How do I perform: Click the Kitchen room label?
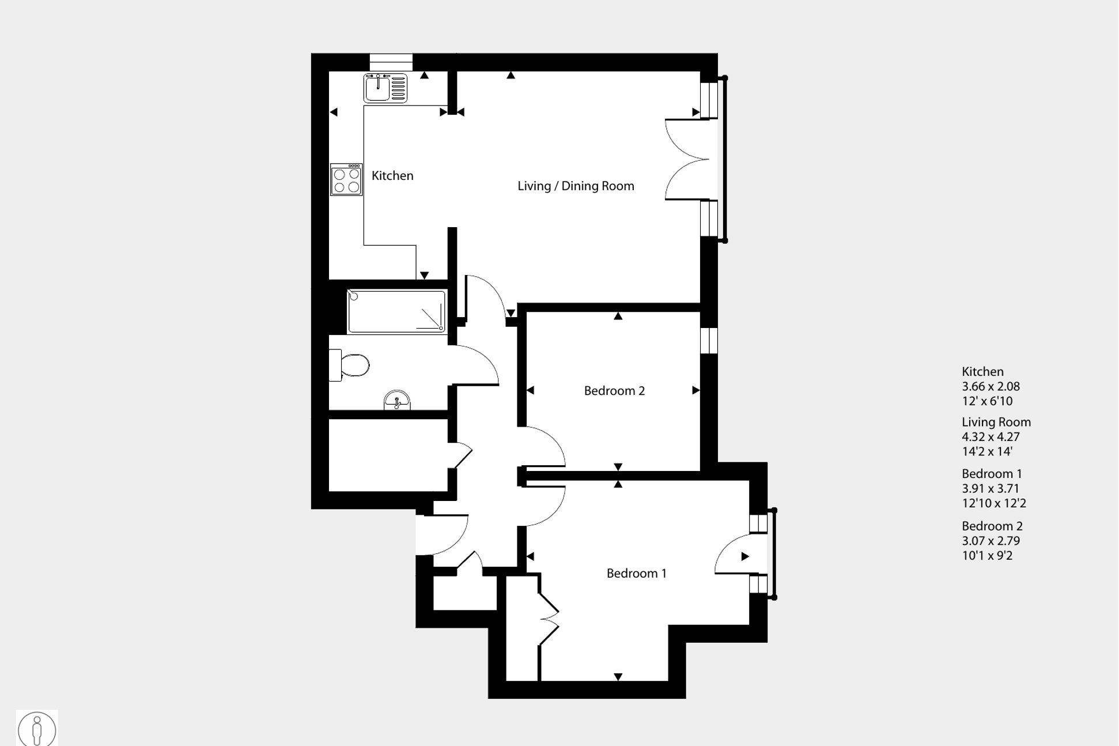pos(392,176)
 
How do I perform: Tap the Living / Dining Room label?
pos(575,186)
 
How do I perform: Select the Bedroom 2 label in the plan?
pos(614,391)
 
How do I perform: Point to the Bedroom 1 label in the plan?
pos(636,574)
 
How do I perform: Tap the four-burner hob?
pos(346,180)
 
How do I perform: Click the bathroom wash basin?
pos(397,400)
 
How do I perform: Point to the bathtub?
pos(396,312)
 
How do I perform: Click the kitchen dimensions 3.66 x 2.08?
pos(991,387)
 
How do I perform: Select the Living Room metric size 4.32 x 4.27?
pos(991,437)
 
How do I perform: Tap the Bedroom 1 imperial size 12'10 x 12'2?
pos(993,503)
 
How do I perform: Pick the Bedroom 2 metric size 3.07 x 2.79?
pos(991,541)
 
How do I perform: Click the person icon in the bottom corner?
pos(37,729)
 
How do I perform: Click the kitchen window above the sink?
pos(391,62)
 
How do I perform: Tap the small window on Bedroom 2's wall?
pos(709,340)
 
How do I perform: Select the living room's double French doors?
pos(689,160)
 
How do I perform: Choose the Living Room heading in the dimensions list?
pos(996,423)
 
